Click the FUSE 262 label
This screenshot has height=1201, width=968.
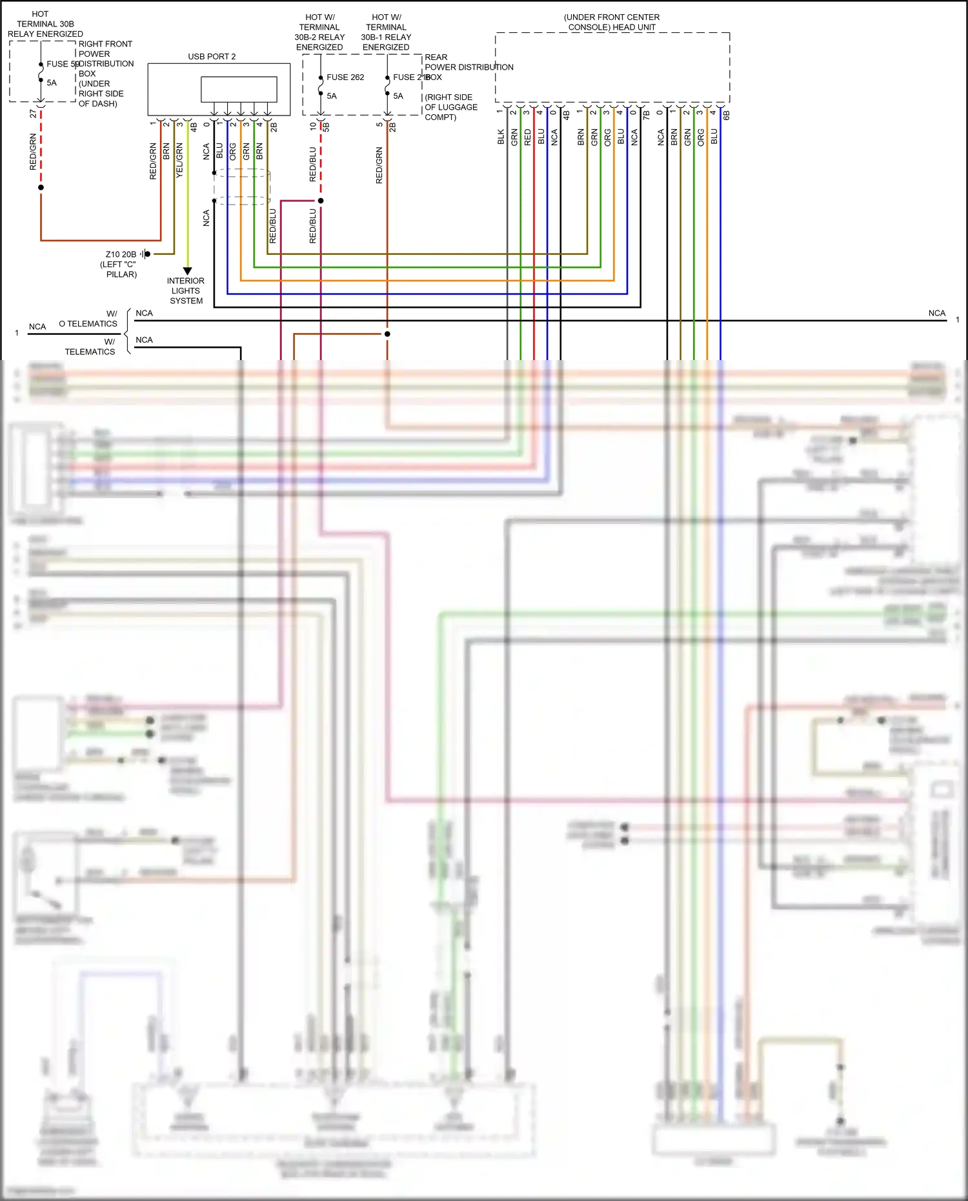coord(345,77)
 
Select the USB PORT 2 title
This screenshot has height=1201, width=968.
coord(212,56)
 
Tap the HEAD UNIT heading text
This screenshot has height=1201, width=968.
coord(611,22)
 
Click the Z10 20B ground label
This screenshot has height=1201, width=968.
coord(121,254)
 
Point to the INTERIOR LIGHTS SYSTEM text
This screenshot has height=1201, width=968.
coord(186,290)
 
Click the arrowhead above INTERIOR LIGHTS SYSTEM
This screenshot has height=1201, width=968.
coord(187,271)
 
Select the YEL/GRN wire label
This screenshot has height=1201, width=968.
coord(179,161)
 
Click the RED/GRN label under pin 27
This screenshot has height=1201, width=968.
coord(33,152)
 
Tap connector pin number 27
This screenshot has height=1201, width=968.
coord(33,114)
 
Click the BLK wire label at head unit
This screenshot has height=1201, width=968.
coord(501,136)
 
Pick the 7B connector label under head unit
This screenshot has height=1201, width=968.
coord(646,116)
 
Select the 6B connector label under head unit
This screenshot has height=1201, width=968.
coord(726,116)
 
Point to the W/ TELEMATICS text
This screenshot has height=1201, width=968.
coord(90,347)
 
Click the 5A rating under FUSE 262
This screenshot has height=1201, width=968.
coord(332,96)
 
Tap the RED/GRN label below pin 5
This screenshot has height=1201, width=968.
coord(379,165)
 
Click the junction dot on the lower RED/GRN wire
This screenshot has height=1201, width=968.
coord(387,334)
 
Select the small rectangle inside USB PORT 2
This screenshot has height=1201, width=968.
coord(239,89)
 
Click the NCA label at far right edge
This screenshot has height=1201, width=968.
coord(936,313)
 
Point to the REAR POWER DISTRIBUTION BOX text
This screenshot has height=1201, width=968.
coord(469,67)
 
